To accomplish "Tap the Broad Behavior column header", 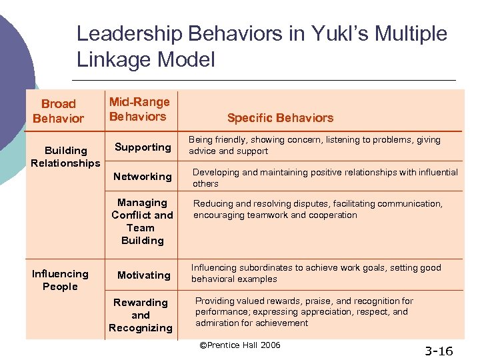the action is click(59, 111).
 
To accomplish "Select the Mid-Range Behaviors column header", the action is click(139, 109).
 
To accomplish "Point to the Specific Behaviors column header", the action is click(280, 118).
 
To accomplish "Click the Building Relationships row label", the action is click(65, 157).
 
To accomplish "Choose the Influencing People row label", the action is click(60, 280).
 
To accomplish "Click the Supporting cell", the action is click(143, 147).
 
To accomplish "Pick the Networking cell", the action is click(143, 177).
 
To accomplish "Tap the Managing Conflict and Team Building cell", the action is click(142, 221).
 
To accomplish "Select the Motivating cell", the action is click(143, 275).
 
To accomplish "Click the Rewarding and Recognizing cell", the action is click(140, 315).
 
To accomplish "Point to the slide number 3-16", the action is click(439, 350).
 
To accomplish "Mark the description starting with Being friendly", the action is click(314, 145).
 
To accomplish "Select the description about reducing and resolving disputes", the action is click(317, 209).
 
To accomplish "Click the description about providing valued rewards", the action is click(304, 312).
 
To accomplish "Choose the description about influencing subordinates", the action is click(316, 273).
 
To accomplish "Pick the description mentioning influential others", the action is click(325, 178).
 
